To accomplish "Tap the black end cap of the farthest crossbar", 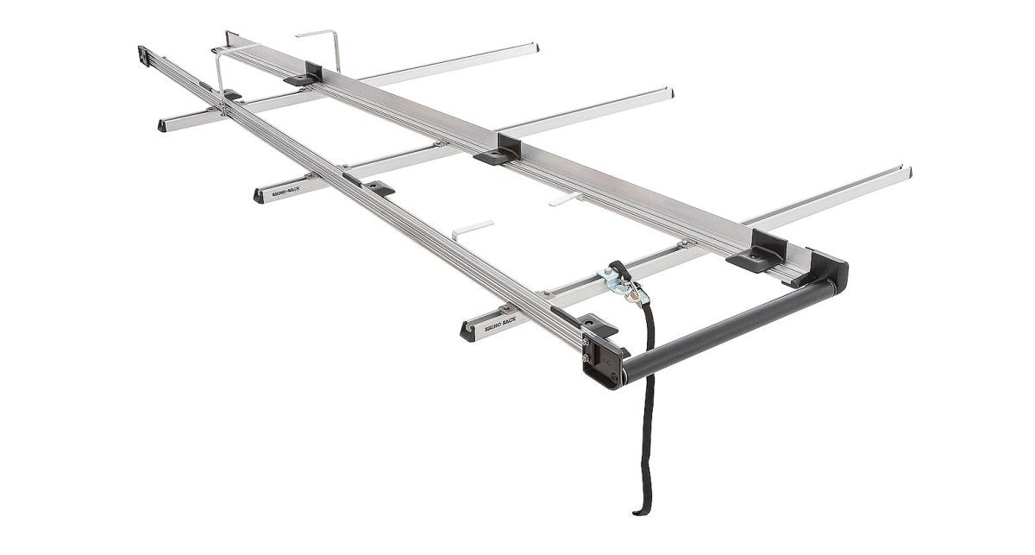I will (162, 126).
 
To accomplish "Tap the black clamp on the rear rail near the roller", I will (757, 253).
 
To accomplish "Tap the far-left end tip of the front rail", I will (141, 54).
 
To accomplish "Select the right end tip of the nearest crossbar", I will (906, 172).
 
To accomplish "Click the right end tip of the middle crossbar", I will (670, 91).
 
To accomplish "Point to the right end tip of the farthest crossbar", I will (535, 47).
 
